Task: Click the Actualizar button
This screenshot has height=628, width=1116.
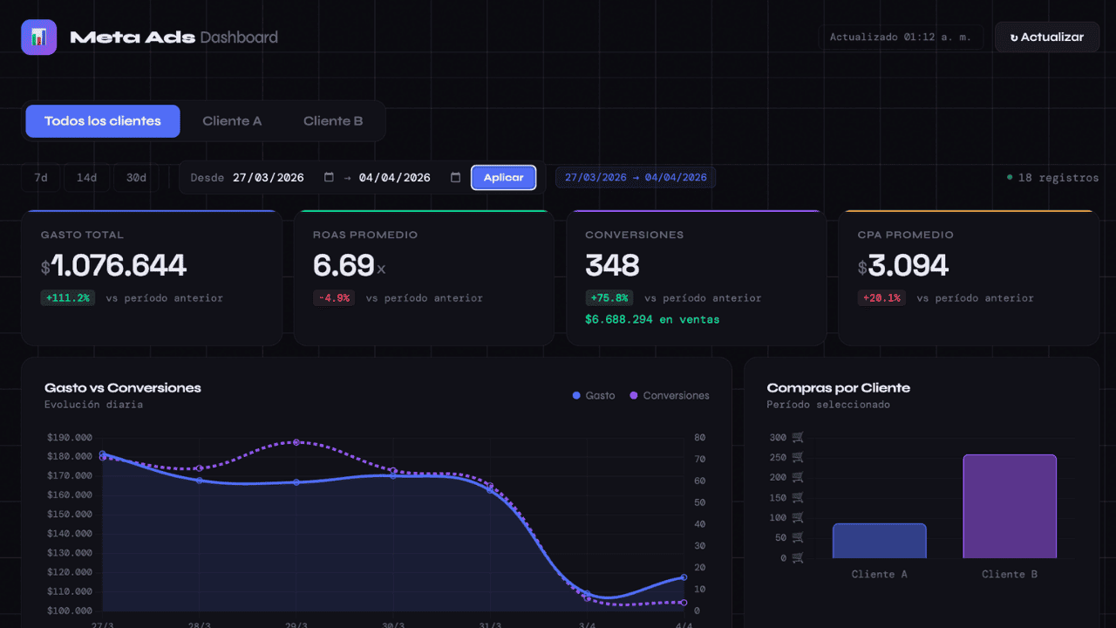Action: point(1047,37)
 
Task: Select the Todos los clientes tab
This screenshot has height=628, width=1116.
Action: point(103,121)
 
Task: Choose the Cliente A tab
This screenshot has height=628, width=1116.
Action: point(232,121)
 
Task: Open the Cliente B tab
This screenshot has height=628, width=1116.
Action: point(333,121)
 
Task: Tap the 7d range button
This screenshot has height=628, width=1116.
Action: point(41,177)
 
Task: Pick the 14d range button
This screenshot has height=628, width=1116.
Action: point(86,177)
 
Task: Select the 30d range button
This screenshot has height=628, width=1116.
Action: point(136,177)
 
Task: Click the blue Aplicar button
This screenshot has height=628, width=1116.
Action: point(503,177)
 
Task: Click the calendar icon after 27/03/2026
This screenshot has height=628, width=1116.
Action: point(329,177)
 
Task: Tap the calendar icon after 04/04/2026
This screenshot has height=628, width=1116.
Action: point(455,177)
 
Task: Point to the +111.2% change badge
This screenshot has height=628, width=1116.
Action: point(68,298)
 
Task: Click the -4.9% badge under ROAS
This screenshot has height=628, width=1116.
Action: point(334,298)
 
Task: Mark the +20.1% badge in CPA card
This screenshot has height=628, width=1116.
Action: point(881,298)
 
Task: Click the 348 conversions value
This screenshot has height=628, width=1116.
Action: point(612,265)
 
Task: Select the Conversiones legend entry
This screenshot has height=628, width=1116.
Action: point(670,395)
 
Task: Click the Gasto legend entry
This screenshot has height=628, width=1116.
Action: point(594,395)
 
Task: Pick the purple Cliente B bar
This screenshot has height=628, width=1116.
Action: point(1010,507)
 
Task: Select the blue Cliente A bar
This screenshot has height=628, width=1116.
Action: point(880,541)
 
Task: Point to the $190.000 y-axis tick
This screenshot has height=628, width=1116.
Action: point(70,438)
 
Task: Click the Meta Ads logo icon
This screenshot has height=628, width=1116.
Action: point(39,37)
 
